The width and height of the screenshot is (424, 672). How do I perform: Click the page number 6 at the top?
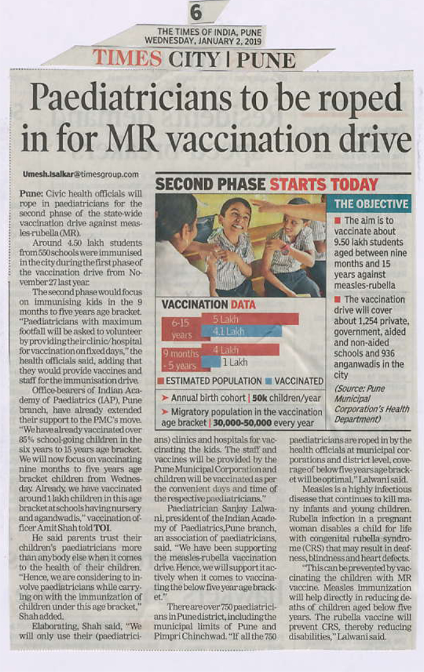pyautogui.click(x=196, y=11)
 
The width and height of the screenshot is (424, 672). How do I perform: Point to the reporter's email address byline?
pyautogui.click(x=80, y=174)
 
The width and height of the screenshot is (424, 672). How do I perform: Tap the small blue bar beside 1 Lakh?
pyautogui.click(x=211, y=362)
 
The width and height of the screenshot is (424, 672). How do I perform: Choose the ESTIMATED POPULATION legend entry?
pyautogui.click(x=210, y=380)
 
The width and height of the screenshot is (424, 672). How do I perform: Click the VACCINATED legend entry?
pyautogui.click(x=294, y=380)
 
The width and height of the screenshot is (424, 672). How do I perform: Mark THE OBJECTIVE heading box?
pyautogui.click(x=369, y=204)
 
